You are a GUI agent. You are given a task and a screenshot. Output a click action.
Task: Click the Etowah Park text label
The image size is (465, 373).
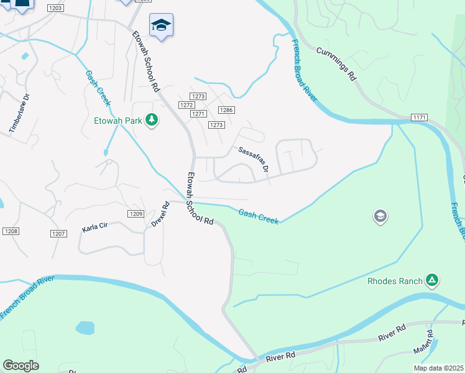point(118,120)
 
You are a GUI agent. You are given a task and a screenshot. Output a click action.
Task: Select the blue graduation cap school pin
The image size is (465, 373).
point(161,25)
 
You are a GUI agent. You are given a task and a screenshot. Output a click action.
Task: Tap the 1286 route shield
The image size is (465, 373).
point(226,110)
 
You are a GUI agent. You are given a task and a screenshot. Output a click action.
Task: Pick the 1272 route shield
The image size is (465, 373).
point(186,105)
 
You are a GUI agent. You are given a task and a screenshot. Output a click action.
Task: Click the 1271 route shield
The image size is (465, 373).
point(198,114)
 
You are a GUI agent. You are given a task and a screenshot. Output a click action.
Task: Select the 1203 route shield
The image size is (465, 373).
point(55,8)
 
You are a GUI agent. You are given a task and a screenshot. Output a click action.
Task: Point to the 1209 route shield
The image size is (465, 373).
point(137,214)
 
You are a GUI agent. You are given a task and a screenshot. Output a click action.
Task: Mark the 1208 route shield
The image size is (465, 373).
point(10,231)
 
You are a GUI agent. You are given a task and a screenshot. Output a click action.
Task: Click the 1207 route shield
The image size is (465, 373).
point(58,234)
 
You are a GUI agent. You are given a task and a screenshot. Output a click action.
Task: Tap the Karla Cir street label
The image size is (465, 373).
point(95,228)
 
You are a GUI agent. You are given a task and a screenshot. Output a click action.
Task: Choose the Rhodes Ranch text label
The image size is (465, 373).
point(395,281)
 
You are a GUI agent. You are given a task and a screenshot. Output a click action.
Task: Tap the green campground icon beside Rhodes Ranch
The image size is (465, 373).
point(431,281)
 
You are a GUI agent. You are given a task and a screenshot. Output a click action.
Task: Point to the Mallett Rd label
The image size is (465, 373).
point(430,355)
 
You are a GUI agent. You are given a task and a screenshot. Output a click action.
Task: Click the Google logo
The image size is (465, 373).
point(21,366)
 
